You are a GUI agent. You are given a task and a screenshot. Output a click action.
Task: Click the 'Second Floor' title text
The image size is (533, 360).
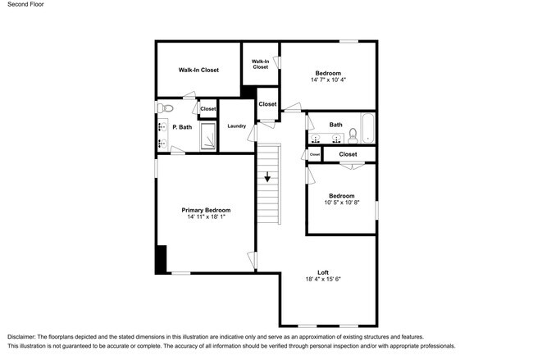(x=25, y=4)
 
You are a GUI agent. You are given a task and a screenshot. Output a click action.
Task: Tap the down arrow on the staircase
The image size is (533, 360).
(x=267, y=176)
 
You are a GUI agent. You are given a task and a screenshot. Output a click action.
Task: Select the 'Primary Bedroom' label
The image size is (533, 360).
(x=206, y=210)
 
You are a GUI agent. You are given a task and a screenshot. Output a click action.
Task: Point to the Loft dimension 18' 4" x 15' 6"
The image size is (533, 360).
(x=323, y=279)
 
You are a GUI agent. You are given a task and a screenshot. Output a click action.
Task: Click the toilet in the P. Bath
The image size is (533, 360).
(x=166, y=108)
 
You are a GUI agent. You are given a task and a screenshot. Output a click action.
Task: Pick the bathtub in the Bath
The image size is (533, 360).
(x=367, y=128)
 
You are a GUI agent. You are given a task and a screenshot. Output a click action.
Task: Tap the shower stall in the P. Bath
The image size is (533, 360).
(x=208, y=136)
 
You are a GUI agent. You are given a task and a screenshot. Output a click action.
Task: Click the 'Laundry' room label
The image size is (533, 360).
(x=237, y=125)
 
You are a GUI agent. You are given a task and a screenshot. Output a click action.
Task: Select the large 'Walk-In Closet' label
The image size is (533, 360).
(x=198, y=70)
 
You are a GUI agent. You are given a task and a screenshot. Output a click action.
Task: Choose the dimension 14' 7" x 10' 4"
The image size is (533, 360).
(x=328, y=80)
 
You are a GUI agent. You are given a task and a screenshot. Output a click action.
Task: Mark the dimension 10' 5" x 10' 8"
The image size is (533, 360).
(x=342, y=203)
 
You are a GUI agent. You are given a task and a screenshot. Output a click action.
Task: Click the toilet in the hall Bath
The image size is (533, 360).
(x=353, y=136)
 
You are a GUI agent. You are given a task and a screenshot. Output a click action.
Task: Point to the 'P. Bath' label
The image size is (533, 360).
(x=182, y=127)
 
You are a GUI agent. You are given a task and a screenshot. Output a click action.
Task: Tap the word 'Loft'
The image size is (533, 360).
(x=323, y=272)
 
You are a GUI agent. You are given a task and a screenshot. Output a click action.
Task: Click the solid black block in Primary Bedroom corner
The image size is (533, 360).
(x=161, y=259)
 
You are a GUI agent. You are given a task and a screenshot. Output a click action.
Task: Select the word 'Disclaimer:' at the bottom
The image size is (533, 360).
(x=21, y=337)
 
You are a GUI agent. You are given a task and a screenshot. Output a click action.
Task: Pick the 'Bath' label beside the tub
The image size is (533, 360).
(x=336, y=125)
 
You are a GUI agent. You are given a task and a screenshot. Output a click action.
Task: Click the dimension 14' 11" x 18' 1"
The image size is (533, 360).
(x=207, y=216)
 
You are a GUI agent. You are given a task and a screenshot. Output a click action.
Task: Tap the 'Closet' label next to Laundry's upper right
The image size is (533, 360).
(x=267, y=104)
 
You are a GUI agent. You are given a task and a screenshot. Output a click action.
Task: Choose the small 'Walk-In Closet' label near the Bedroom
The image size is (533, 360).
(x=261, y=64)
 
